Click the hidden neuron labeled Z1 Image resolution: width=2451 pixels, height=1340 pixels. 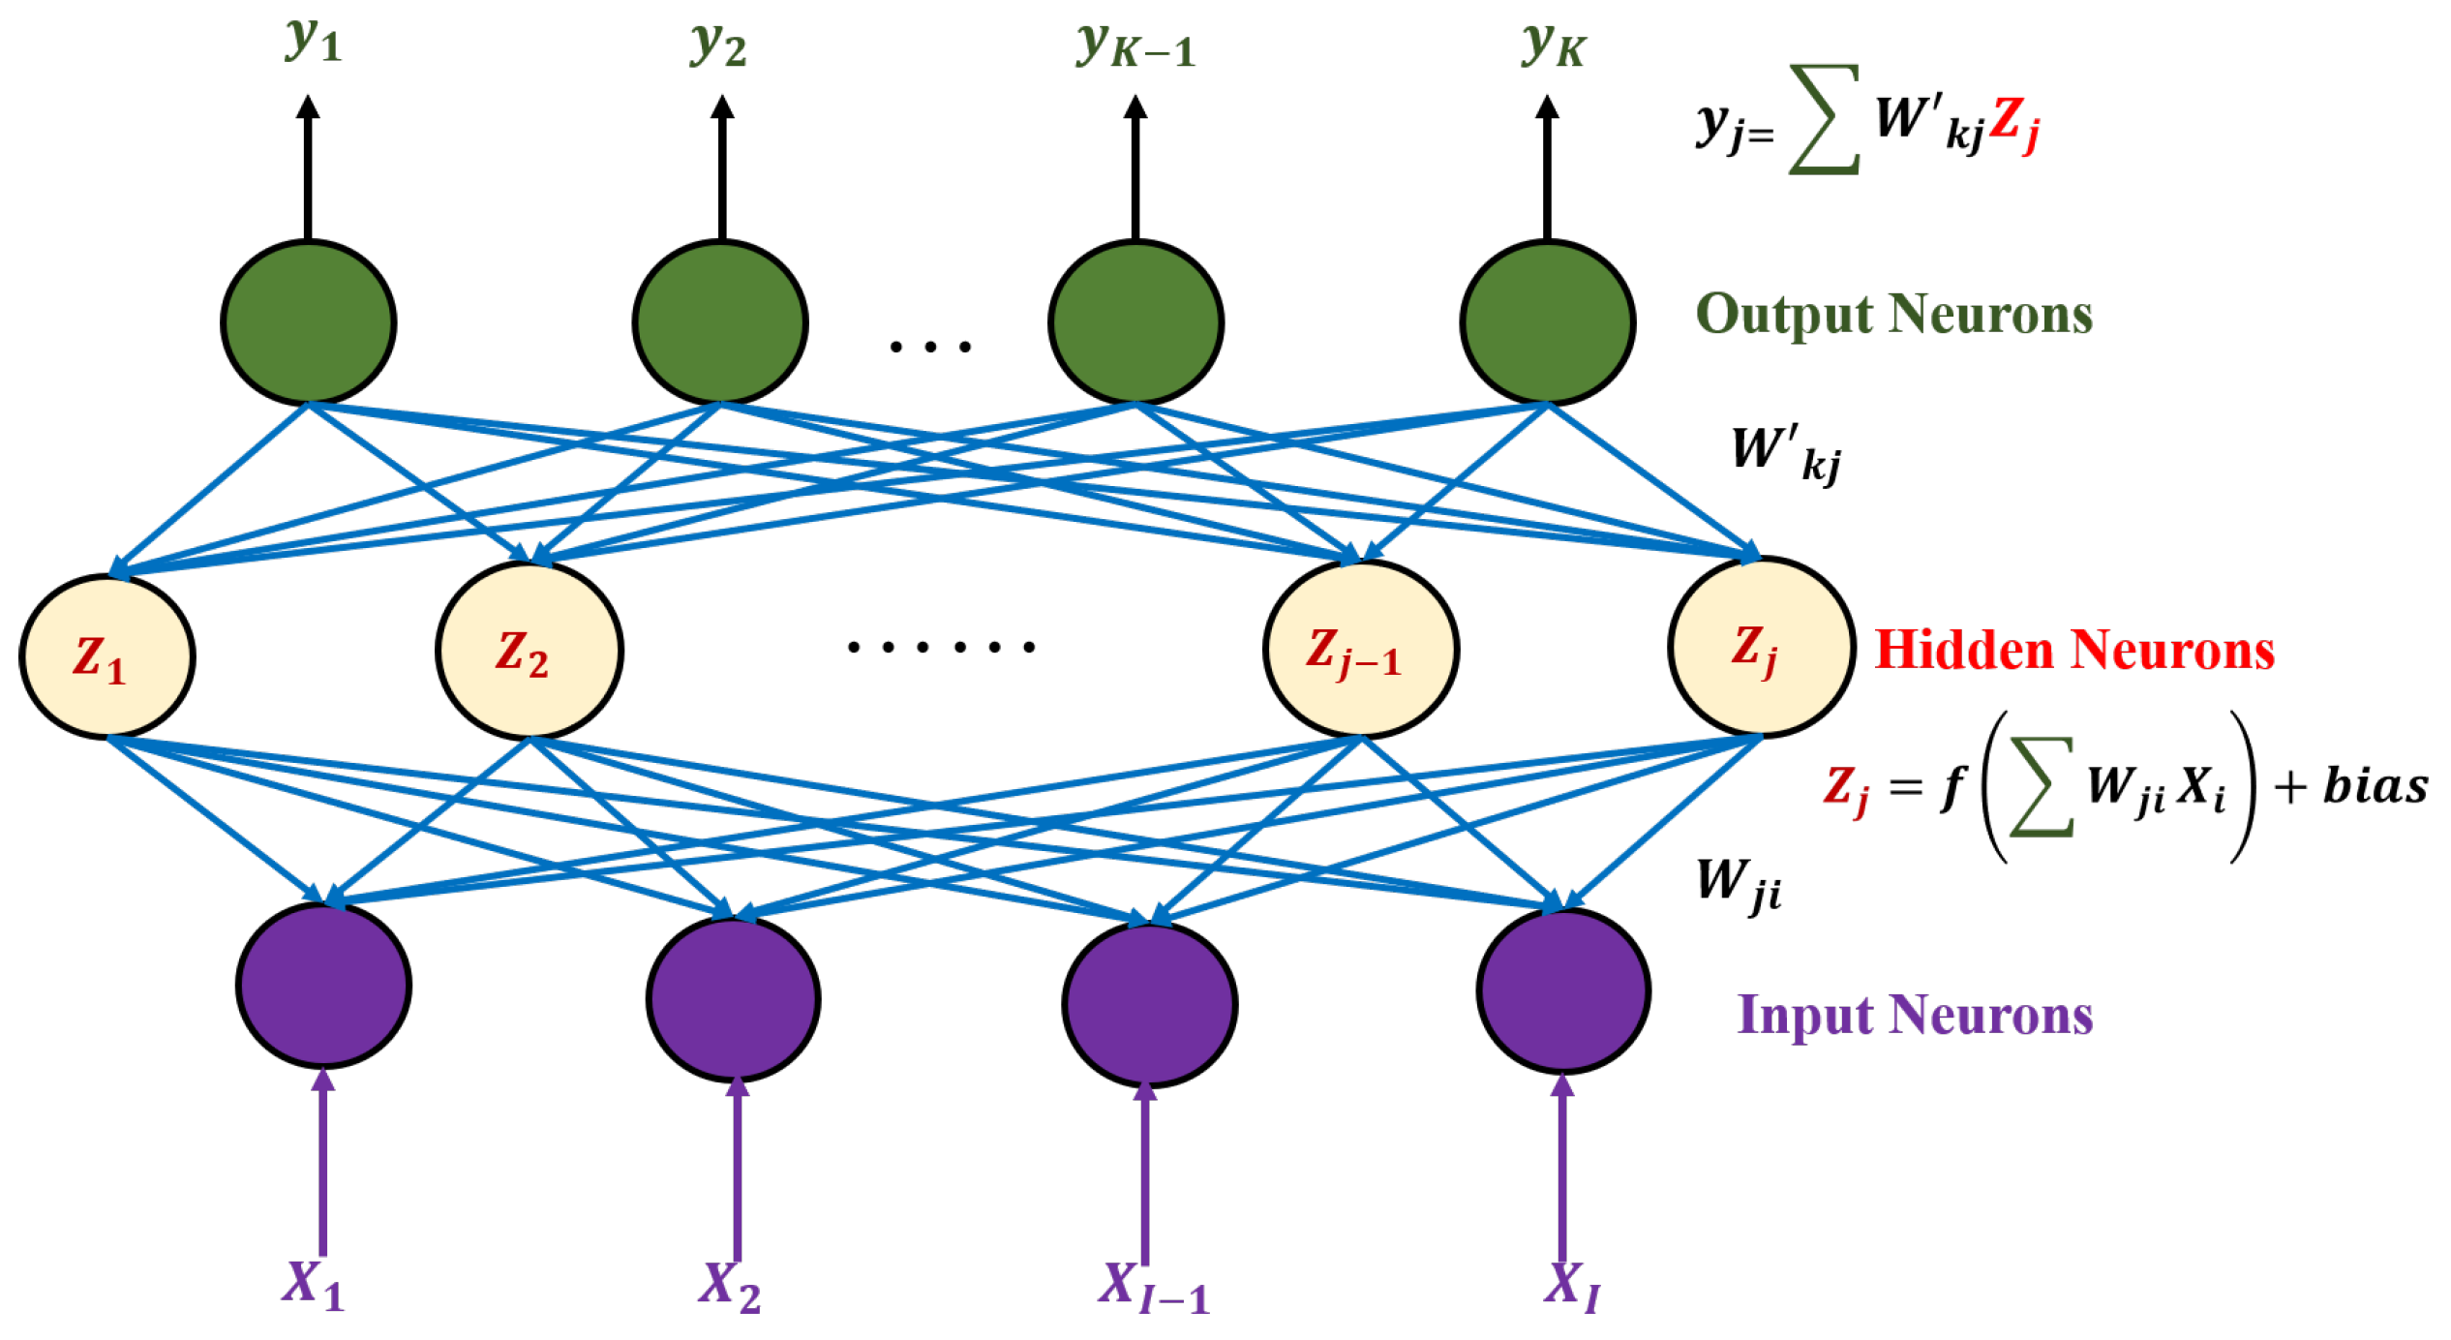[106, 656]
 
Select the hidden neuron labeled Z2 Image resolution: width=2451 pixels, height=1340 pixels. [529, 650]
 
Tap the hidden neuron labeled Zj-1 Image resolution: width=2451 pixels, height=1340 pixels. [1360, 649]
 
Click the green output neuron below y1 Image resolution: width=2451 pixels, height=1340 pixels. [308, 321]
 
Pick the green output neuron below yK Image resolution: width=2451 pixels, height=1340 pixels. [1547, 321]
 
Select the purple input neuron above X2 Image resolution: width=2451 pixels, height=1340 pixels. [733, 998]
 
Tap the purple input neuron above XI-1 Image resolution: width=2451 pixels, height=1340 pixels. [1149, 1004]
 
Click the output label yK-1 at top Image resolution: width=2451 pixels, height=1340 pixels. [1135, 45]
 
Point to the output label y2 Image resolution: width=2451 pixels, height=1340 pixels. [718, 45]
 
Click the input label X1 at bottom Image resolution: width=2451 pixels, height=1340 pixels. [313, 1285]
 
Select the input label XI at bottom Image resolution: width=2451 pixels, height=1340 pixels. [1571, 1285]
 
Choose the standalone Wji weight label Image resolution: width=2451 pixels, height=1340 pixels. [1739, 884]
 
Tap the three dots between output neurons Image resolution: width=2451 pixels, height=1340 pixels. [929, 347]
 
